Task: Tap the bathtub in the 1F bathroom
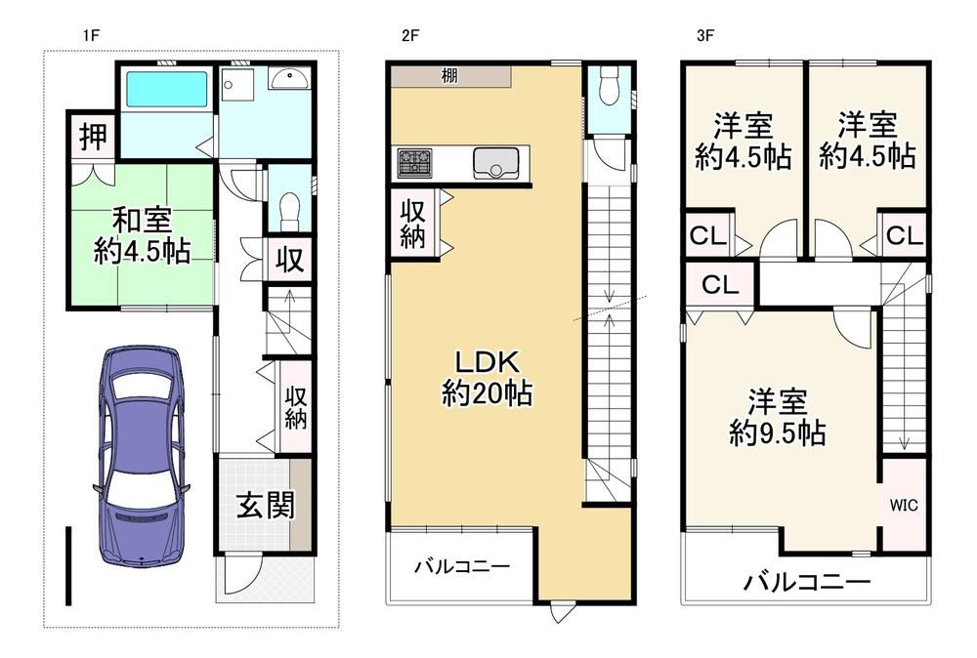point(166,90)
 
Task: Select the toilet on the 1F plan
point(289,211)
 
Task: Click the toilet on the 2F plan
point(607,86)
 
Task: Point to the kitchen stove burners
point(414,163)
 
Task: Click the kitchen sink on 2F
point(496,163)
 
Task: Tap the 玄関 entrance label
point(266,505)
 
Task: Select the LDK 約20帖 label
point(487,378)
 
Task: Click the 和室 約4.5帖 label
point(142,236)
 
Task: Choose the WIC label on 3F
point(904,505)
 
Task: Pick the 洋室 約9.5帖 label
point(778,417)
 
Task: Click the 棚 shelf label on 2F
point(449,76)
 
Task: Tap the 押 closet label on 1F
point(93,137)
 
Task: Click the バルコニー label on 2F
point(462,566)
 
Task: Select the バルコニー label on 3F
point(807,583)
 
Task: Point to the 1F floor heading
point(91,35)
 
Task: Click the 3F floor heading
point(704,35)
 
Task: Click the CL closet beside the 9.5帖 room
point(720,284)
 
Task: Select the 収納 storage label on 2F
point(412,225)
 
